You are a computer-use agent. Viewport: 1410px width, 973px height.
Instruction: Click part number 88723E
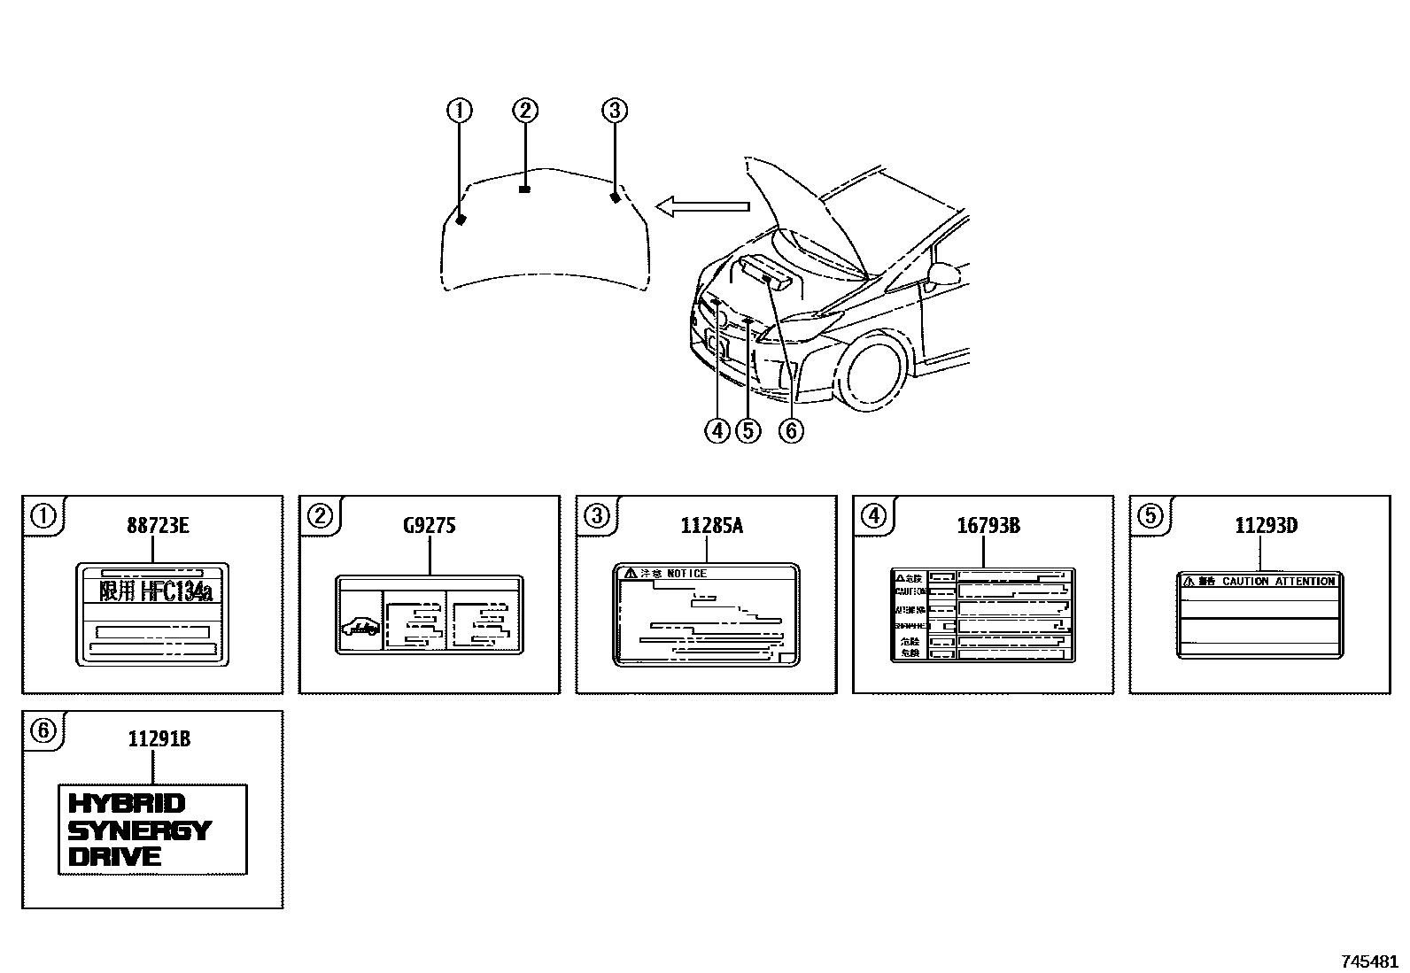pos(158,526)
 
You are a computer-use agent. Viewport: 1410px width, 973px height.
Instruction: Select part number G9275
pos(429,526)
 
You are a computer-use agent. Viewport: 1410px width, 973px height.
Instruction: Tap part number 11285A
pos(711,526)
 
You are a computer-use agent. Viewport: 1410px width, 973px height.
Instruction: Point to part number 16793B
pos(988,526)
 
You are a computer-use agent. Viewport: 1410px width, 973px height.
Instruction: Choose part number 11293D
pos(1266,526)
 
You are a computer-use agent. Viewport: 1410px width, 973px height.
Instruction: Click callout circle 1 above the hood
pos(459,111)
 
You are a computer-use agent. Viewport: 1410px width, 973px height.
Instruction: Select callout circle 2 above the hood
pos(525,111)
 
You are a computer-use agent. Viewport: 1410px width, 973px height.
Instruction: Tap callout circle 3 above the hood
pos(615,111)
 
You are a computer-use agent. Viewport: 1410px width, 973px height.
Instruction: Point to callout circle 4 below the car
pos(717,431)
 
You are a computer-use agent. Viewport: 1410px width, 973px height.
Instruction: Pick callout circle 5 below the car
pos(748,431)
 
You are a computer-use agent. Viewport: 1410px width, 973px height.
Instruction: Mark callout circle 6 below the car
pos(790,431)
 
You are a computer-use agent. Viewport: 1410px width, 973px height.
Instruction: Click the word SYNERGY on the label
pos(139,830)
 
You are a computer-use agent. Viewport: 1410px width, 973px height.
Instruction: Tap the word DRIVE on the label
pos(115,856)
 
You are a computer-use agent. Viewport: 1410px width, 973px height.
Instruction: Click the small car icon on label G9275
pos(360,627)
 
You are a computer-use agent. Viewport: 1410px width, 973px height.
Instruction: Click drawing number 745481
pos(1368,961)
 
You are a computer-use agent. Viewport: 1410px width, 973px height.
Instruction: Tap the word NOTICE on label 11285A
pos(686,574)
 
